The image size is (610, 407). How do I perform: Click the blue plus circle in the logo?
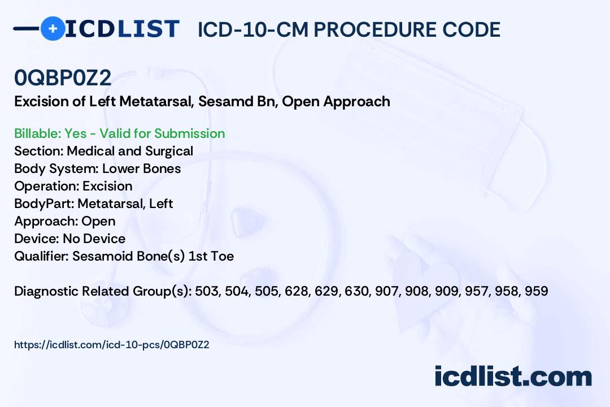[x=53, y=28]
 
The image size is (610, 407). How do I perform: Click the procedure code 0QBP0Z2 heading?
[x=63, y=77]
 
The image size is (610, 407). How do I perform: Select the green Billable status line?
[x=119, y=133]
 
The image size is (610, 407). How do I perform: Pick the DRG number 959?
[x=537, y=291]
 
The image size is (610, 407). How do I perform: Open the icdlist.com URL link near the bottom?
[x=112, y=345]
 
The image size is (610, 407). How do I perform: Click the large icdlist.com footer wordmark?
[x=513, y=376]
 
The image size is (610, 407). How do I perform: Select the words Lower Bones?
[x=142, y=168]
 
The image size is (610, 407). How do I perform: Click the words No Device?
[x=94, y=239]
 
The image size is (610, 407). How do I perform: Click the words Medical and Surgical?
[x=130, y=151]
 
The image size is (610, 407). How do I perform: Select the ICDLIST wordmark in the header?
[x=122, y=29]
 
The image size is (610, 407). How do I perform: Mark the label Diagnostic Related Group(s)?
[x=103, y=291]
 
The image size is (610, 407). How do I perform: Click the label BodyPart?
[x=45, y=203]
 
